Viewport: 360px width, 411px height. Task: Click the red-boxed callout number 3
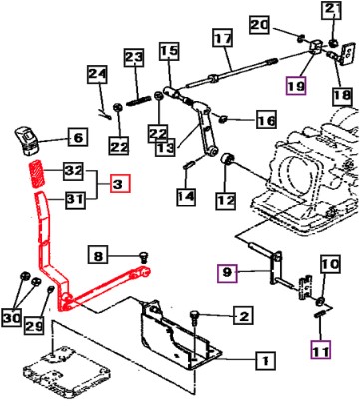coord(120,184)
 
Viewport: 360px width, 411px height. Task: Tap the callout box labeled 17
coord(223,38)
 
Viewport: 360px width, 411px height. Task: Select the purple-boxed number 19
coord(296,86)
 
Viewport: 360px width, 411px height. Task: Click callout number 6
coord(78,137)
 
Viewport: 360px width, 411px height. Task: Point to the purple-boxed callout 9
coord(227,273)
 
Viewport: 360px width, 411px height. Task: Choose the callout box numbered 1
coord(265,360)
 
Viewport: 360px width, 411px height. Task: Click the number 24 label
coord(98,74)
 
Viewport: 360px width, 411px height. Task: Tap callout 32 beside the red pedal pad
coord(74,170)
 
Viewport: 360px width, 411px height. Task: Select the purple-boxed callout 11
coord(321,350)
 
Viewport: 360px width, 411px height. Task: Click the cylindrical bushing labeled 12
coord(227,159)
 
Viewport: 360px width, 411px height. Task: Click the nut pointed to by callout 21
coord(333,43)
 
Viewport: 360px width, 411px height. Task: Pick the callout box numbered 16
coord(266,119)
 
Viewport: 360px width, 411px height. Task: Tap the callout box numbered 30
coord(12,318)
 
